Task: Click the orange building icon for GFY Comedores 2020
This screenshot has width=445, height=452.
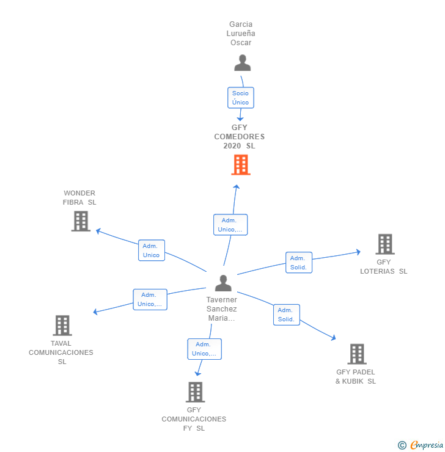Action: (241, 165)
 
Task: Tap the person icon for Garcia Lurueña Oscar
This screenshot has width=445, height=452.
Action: (242, 63)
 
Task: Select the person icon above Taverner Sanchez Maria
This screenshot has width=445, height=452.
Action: (223, 283)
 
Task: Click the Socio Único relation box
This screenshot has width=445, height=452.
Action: (240, 98)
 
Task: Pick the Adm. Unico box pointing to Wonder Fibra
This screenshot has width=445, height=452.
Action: (152, 250)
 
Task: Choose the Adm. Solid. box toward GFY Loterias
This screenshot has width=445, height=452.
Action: (299, 262)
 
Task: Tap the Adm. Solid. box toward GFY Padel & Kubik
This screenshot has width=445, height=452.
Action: (287, 315)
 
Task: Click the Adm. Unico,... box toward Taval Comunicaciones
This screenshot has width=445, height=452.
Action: (150, 299)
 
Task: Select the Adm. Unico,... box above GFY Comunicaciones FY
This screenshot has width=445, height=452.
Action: (205, 349)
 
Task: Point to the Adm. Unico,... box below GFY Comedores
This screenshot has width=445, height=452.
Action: (230, 225)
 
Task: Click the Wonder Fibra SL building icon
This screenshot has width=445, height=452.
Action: (81, 221)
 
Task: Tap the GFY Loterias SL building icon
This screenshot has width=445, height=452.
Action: (385, 244)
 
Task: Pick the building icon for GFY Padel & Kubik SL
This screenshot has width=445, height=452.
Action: (357, 354)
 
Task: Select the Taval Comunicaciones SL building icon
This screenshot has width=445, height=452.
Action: (62, 326)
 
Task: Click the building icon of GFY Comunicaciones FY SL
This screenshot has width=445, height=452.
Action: (195, 392)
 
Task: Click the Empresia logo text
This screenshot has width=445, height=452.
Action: (427, 445)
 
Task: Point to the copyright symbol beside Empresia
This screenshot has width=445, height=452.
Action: (402, 445)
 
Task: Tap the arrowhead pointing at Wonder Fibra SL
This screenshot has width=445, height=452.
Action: (98, 231)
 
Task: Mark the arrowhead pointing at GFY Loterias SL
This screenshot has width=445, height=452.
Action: (358, 252)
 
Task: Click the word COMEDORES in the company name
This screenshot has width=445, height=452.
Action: (240, 137)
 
